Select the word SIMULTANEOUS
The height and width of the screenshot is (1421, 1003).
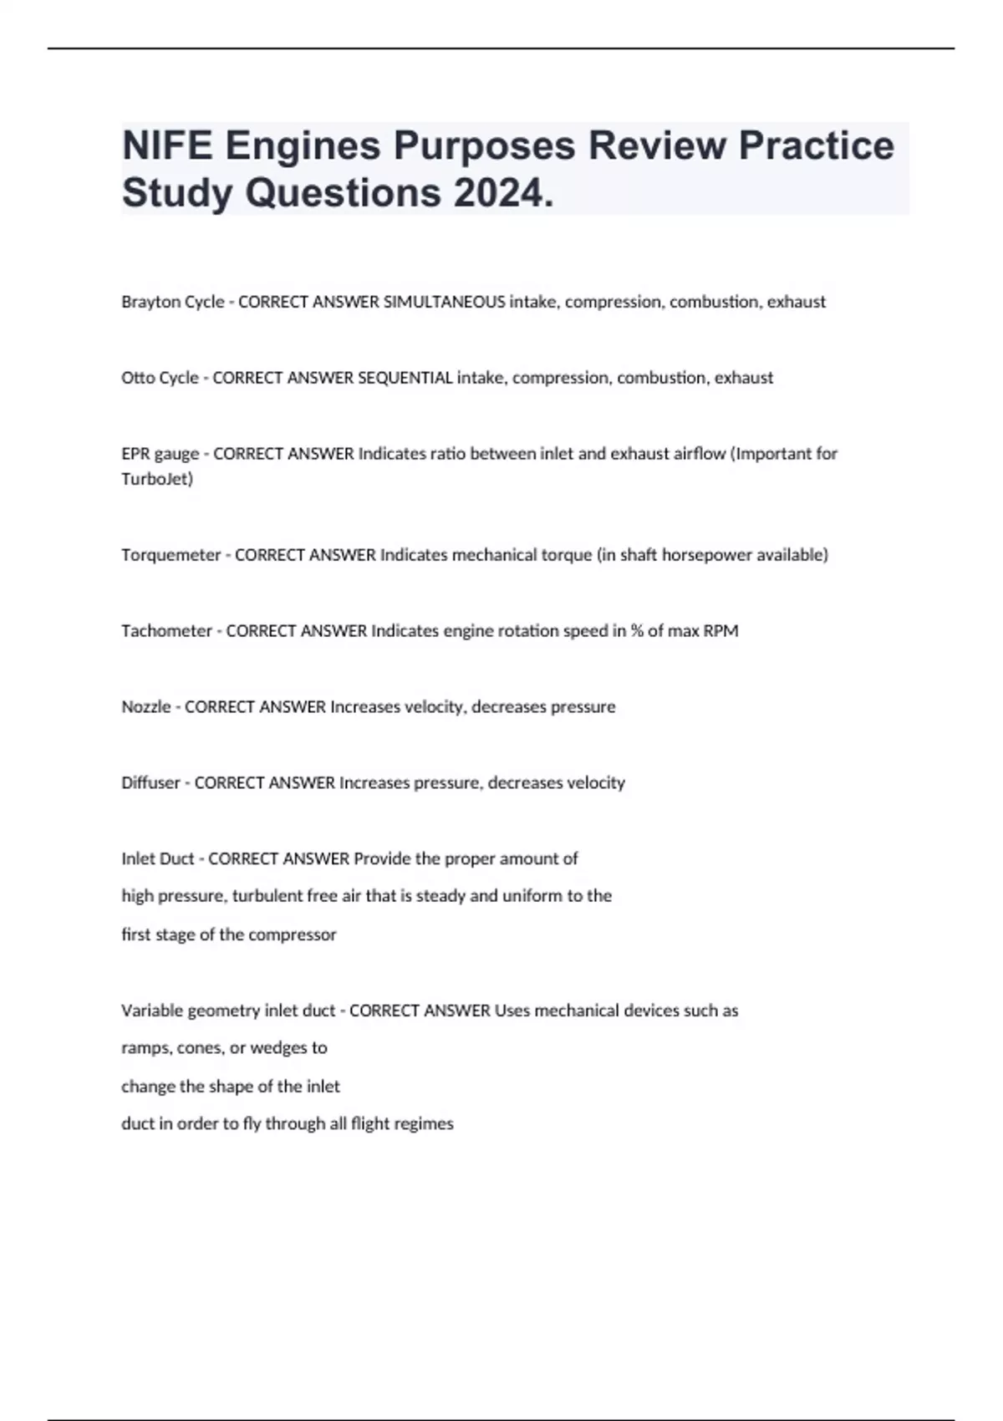[443, 302]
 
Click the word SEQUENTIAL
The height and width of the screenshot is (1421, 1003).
[405, 378]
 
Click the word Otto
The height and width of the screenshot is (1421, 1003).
[137, 378]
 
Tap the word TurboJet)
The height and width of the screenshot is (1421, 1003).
[157, 479]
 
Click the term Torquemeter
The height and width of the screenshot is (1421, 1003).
[171, 555]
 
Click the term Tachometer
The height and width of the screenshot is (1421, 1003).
[166, 631]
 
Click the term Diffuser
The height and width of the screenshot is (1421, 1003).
[150, 783]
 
